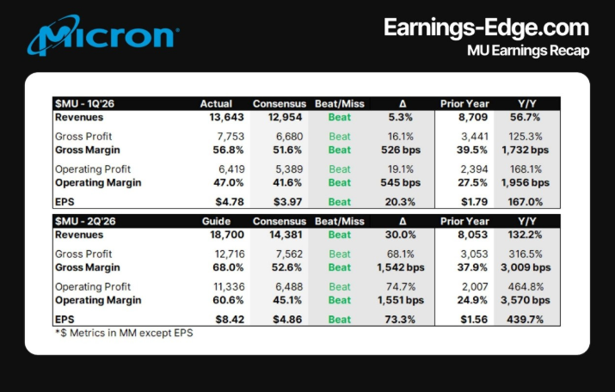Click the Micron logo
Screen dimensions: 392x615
103,36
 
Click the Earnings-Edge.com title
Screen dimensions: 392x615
486,27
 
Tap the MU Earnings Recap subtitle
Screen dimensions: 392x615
527,51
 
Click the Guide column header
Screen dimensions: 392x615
216,221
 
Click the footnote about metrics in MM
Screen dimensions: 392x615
124,333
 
